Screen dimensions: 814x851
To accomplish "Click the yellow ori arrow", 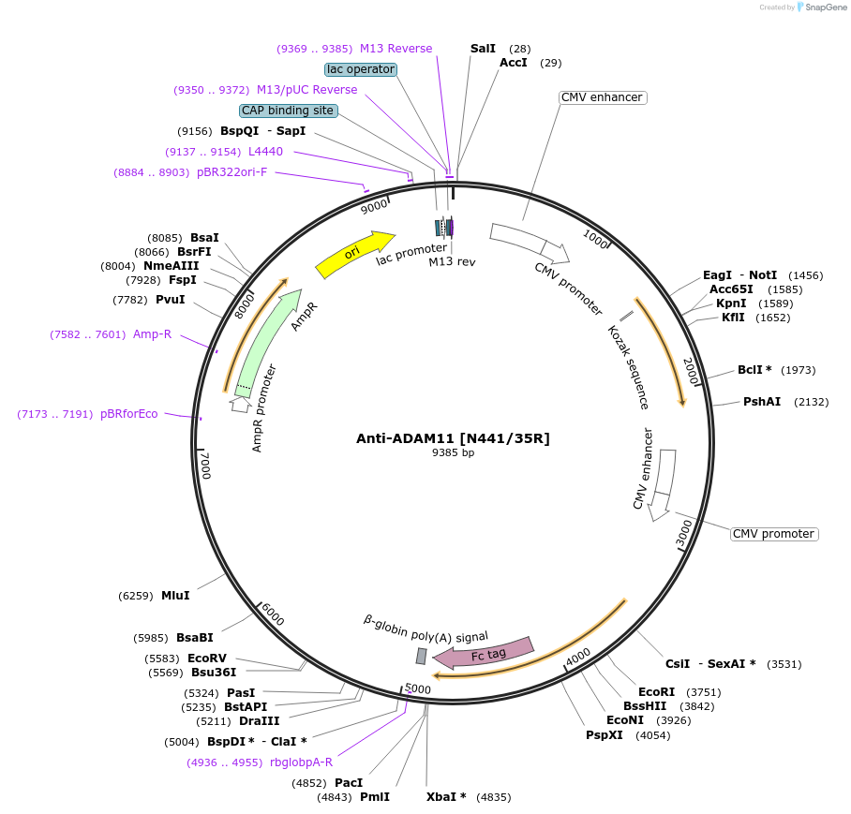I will pyautogui.click(x=355, y=254).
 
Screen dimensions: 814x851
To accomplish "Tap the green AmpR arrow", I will pyautogui.click(x=268, y=344).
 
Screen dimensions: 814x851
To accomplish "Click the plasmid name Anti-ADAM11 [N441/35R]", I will pyautogui.click(x=453, y=438).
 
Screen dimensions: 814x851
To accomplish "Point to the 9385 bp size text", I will pyautogui.click(x=453, y=453).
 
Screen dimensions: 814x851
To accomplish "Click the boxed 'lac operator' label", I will pyautogui.click(x=361, y=69).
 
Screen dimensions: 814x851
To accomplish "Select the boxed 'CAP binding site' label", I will pyautogui.click(x=288, y=111).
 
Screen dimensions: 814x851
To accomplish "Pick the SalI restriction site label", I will pyautogui.click(x=483, y=48).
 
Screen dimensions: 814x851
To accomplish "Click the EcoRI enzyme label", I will pyautogui.click(x=655, y=692).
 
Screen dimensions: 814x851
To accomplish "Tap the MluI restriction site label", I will pyautogui.click(x=175, y=596).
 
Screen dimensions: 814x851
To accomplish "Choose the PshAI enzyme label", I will pyautogui.click(x=762, y=402).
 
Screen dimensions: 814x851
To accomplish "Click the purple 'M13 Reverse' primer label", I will pyautogui.click(x=396, y=49).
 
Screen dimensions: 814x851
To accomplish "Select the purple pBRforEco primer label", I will pyautogui.click(x=129, y=414).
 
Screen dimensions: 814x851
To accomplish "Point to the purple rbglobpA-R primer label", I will pyautogui.click(x=301, y=762).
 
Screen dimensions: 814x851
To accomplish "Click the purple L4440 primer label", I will pyautogui.click(x=265, y=152).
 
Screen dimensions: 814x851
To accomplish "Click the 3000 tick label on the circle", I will pyautogui.click(x=683, y=534).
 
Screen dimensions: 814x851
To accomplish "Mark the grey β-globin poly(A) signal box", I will pyautogui.click(x=422, y=656).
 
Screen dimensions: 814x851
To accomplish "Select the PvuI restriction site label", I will pyautogui.click(x=171, y=300).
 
